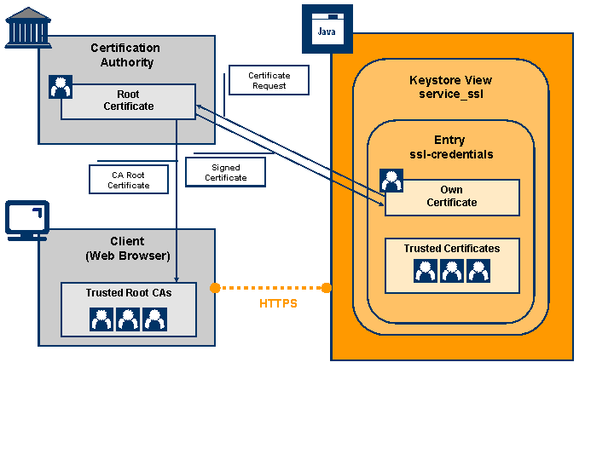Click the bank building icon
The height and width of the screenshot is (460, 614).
[x=27, y=26]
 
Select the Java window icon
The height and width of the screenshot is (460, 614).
[x=327, y=27]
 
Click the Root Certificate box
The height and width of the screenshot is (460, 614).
[x=129, y=101]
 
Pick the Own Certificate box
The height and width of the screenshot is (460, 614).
[x=452, y=198]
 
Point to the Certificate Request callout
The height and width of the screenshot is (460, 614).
[x=269, y=81]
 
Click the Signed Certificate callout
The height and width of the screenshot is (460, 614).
[x=226, y=173]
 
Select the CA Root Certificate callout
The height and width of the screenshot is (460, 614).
[x=129, y=180]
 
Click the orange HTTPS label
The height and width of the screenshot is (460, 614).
[x=278, y=303]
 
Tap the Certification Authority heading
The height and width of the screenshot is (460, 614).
[x=125, y=55]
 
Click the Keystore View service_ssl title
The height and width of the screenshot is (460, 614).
[x=450, y=87]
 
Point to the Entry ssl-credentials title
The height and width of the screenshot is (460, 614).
[x=450, y=147]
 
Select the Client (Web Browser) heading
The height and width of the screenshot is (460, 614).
[x=127, y=248]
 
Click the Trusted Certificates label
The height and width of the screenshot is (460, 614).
[x=451, y=249]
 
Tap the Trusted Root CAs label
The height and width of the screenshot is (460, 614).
[x=128, y=293]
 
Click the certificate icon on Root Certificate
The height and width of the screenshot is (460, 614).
[x=61, y=87]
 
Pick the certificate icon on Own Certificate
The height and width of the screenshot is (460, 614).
[x=391, y=181]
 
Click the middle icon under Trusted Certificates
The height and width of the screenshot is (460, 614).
[x=452, y=271]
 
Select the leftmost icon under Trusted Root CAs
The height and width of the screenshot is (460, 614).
[x=102, y=319]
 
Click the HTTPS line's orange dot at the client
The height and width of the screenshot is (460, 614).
[x=215, y=288]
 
